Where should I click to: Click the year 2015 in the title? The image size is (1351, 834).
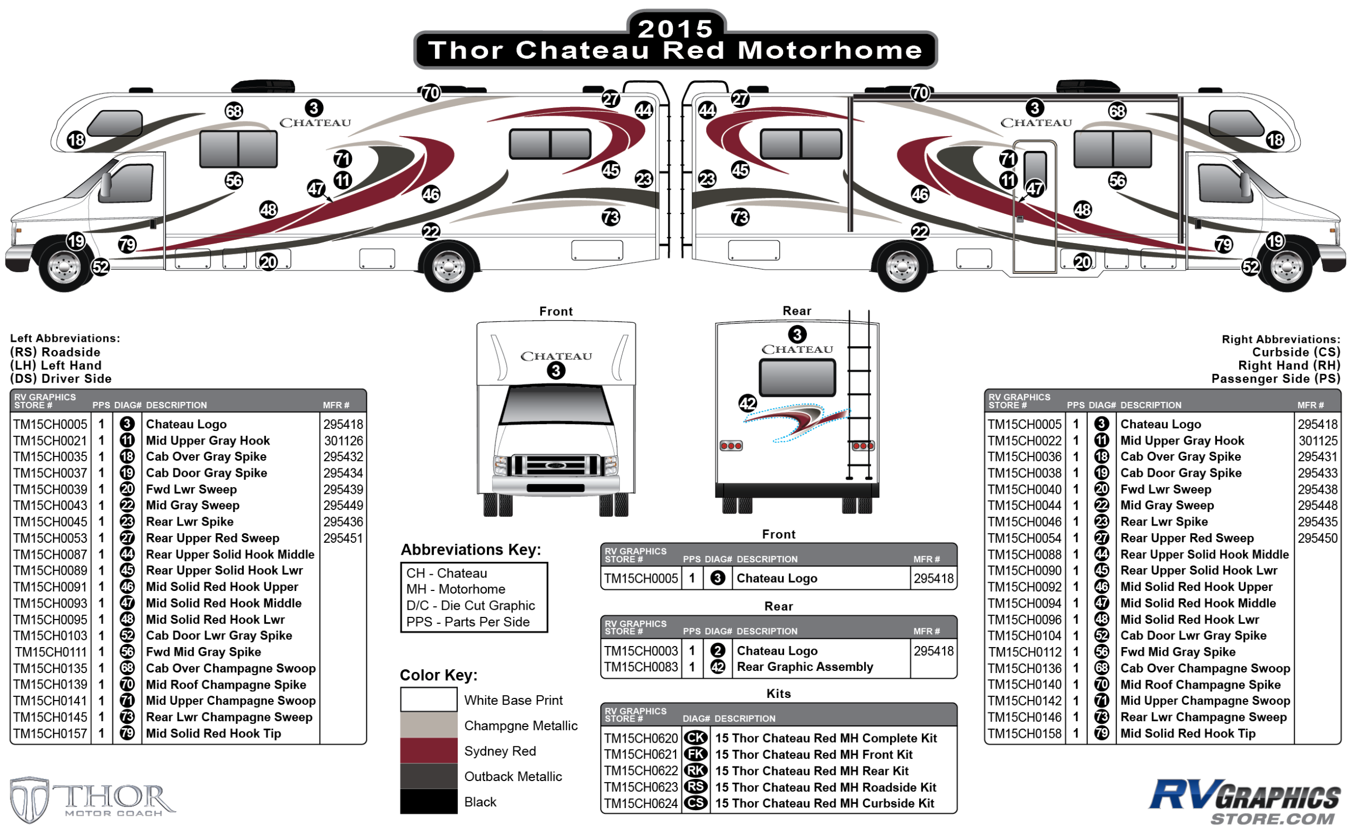[x=675, y=29]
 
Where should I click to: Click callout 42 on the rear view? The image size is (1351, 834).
[x=747, y=403]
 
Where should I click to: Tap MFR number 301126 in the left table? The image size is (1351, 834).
[x=343, y=441]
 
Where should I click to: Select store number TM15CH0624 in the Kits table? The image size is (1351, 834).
[x=640, y=804]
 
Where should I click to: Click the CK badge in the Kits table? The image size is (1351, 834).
[x=695, y=738]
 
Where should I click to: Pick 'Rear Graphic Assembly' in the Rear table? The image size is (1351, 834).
[x=805, y=667]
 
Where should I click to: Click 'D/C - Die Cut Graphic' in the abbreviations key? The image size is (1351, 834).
[x=470, y=606]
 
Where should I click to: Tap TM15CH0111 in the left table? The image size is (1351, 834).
[x=51, y=652]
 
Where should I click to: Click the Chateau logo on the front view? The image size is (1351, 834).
[x=556, y=357]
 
